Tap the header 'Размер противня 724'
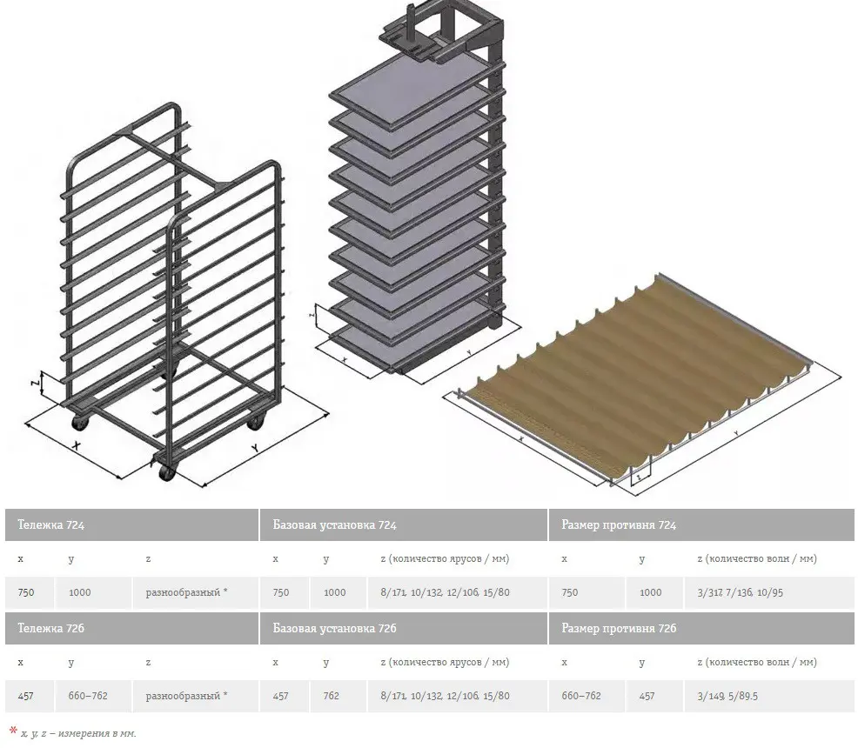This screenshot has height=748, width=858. pyautogui.click(x=618, y=525)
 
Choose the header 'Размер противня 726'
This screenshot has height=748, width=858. pyautogui.click(x=618, y=628)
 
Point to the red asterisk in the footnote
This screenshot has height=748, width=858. pyautogui.click(x=12, y=731)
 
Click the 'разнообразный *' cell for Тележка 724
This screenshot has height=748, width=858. pyautogui.click(x=186, y=592)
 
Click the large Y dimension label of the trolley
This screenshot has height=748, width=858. pyautogui.click(x=255, y=449)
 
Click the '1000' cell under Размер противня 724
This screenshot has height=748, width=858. pyautogui.click(x=650, y=592)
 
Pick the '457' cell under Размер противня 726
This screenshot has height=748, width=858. pyautogui.click(x=647, y=696)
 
